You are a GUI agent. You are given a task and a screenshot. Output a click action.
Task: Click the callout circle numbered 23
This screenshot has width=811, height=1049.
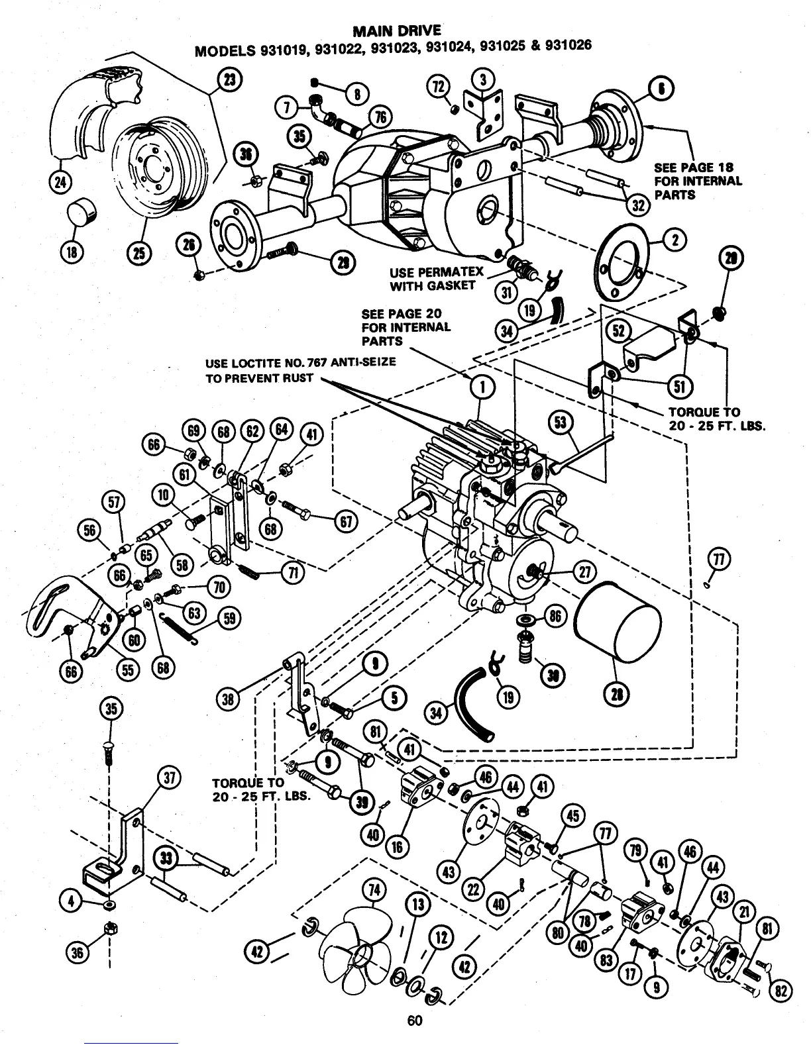point(230,80)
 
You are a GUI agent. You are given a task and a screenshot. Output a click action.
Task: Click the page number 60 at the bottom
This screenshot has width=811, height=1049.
point(415,1021)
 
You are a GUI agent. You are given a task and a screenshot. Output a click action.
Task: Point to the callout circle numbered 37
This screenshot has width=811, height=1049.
point(169,779)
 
